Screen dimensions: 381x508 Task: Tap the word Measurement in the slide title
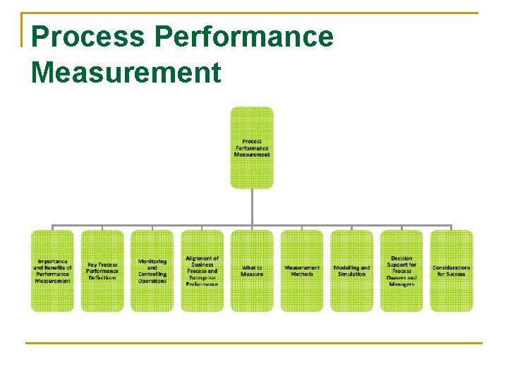(126, 72)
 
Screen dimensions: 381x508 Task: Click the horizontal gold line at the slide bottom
(254, 344)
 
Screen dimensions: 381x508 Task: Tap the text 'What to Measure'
(252, 271)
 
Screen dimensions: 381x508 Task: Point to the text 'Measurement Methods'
(302, 271)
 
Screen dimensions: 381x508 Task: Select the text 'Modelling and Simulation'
(351, 271)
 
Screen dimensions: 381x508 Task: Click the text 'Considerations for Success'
(452, 271)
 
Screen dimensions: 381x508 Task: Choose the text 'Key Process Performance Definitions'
(102, 271)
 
